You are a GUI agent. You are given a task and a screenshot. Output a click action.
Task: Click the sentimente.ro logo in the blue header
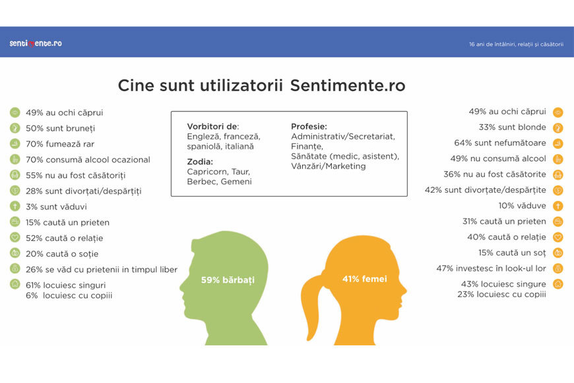pos(36,43)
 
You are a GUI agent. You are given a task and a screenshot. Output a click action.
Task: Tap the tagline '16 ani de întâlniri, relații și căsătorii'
pos(516,44)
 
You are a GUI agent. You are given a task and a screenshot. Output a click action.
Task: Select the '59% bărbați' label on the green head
pos(228,281)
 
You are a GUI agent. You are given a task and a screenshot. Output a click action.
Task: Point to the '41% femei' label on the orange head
pos(365,279)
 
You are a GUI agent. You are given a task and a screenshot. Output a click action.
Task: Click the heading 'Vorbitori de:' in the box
pos(212,126)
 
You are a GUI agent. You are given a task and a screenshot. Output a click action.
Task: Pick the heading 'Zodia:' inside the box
pos(200,162)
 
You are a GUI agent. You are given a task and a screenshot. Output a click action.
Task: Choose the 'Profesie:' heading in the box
pos(309,126)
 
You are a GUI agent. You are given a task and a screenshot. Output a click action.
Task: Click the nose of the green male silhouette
pos(182,288)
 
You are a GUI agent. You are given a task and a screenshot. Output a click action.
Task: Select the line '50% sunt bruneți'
pos(61,128)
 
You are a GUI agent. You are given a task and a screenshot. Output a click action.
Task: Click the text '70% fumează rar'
pos(60,144)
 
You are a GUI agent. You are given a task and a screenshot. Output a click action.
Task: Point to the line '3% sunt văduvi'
pos(56,207)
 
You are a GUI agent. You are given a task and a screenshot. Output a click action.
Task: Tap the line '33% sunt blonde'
pos(512,127)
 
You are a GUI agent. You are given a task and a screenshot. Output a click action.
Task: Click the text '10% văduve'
pos(522,205)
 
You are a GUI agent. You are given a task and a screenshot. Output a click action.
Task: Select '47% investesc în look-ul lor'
pos(491,268)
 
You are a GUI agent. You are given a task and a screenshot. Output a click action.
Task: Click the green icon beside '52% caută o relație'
pos(15,238)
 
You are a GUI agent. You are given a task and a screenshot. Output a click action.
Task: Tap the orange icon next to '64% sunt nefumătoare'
pos(558,143)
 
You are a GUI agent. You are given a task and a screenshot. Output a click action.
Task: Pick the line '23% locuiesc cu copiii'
pos(501,295)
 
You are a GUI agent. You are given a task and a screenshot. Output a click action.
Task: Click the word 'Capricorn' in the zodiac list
pos(207,172)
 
